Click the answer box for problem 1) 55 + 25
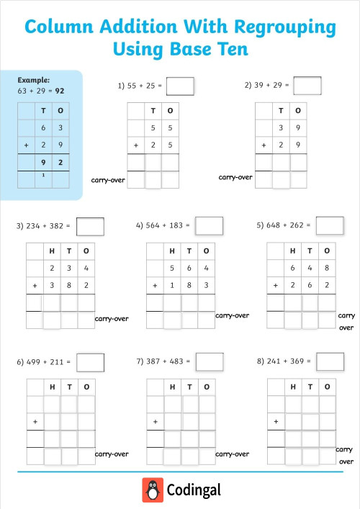[x=180, y=86]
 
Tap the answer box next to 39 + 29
[x=307, y=85]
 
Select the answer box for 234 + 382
[x=90, y=226]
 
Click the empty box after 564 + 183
[x=209, y=225]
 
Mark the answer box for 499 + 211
[x=90, y=361]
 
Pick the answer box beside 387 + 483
[x=209, y=361]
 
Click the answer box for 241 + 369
[x=330, y=361]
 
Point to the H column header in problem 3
[x=51, y=251]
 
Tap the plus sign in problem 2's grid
[x=264, y=145]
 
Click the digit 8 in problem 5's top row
[x=327, y=269]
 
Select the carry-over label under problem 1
[x=108, y=180]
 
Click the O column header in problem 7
[x=207, y=387]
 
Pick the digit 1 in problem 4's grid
[x=172, y=286]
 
